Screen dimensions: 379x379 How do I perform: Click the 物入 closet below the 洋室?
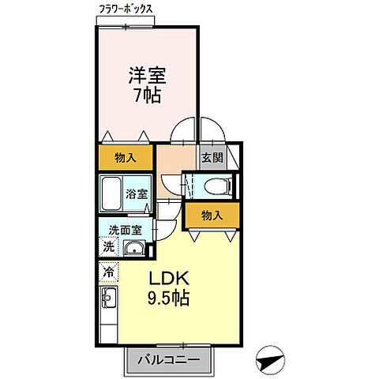pos(126,157)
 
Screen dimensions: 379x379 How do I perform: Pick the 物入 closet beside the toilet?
pos(210,215)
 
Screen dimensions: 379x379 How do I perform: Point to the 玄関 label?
pos(212,157)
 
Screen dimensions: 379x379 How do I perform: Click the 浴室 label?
pos(137,194)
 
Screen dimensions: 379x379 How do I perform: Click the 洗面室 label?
pos(126,231)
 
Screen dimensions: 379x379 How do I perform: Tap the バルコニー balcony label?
pos(170,359)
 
